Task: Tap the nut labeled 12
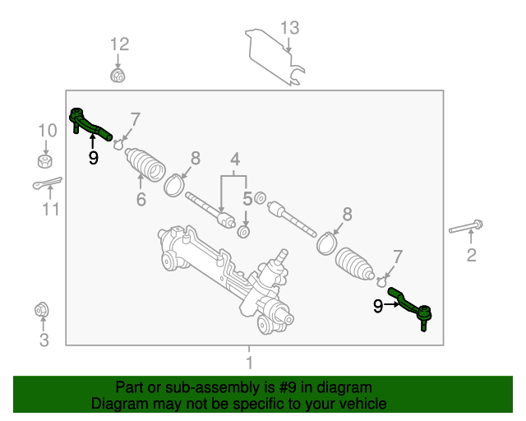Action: tap(118, 77)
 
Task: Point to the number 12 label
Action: tap(119, 44)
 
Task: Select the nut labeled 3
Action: tap(41, 311)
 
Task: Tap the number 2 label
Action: tap(471, 256)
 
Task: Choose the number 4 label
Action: tap(234, 159)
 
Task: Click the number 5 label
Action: tap(247, 198)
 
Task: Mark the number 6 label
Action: tap(141, 200)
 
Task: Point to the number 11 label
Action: tap(51, 210)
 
